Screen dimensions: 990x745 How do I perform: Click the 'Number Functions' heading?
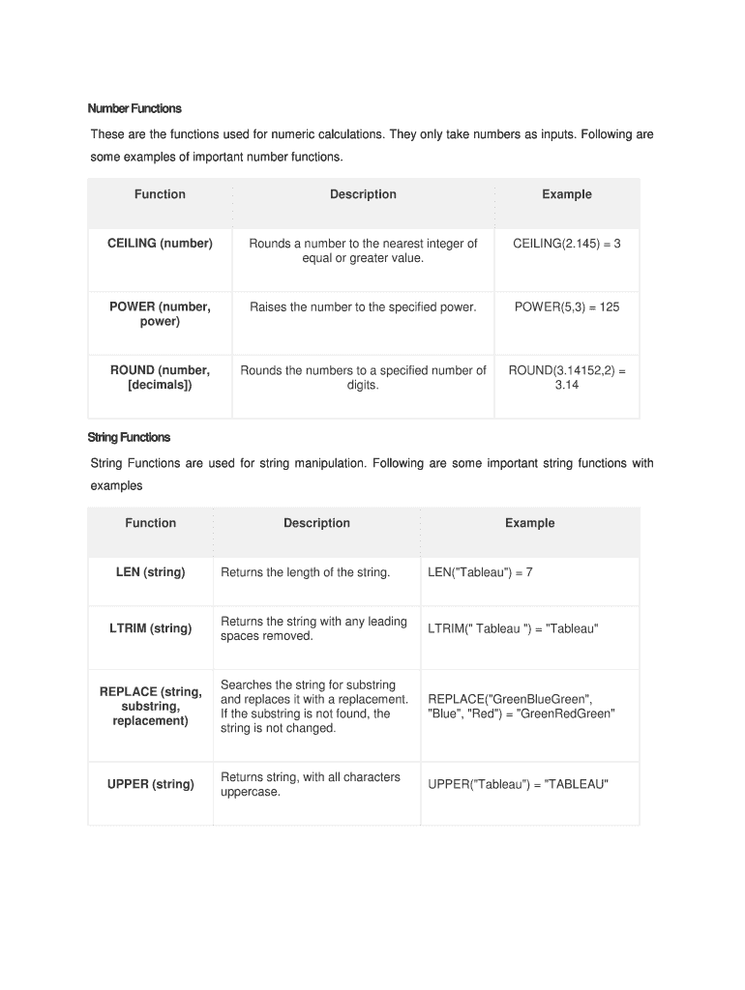click(134, 108)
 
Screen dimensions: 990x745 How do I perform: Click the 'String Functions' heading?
click(129, 437)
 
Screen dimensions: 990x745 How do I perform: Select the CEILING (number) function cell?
click(160, 244)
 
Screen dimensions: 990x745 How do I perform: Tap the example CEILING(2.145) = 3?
click(566, 244)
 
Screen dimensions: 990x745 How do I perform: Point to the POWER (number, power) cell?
click(160, 314)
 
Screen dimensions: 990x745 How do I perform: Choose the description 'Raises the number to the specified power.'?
click(363, 307)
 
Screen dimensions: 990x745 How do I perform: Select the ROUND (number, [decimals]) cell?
click(160, 377)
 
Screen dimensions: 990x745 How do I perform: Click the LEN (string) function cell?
click(150, 572)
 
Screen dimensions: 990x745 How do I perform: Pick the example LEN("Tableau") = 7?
click(480, 572)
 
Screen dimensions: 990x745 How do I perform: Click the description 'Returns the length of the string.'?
click(306, 572)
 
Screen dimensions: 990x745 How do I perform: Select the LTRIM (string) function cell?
click(150, 628)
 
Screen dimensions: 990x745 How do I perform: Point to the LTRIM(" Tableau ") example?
click(513, 629)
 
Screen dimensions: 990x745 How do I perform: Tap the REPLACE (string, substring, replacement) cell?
click(150, 706)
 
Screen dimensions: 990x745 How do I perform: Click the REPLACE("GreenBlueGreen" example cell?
click(521, 706)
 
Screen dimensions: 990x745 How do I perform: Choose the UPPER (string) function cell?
click(150, 784)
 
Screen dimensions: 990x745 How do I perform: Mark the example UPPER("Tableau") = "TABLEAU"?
click(518, 784)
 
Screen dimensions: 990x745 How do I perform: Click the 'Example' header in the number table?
click(566, 194)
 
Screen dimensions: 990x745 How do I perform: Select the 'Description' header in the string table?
click(316, 523)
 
